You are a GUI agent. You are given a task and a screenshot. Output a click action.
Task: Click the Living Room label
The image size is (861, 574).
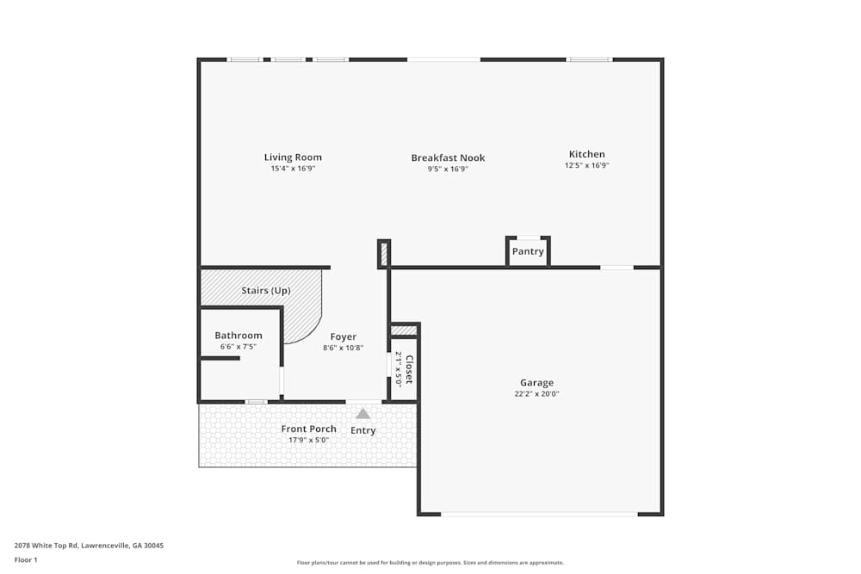(293, 157)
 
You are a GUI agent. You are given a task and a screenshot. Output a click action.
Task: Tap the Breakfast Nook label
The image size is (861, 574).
(448, 157)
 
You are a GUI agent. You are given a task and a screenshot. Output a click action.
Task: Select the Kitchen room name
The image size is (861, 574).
(586, 154)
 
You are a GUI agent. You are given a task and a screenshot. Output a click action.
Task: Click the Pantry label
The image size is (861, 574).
(528, 251)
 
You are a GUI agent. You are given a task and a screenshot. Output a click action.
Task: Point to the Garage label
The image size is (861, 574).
(536, 383)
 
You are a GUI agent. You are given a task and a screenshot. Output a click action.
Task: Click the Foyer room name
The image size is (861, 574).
(343, 336)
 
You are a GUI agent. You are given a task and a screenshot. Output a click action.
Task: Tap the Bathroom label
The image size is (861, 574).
(238, 336)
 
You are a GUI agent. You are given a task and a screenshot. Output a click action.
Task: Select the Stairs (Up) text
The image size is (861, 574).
(266, 291)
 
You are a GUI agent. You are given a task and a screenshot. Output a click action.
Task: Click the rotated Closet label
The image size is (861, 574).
(409, 369)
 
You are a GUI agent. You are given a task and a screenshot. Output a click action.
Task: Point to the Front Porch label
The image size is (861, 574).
(309, 429)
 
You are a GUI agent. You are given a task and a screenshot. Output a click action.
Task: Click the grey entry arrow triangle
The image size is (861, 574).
(363, 413)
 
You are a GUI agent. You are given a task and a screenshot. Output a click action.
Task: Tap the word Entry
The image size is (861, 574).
(363, 430)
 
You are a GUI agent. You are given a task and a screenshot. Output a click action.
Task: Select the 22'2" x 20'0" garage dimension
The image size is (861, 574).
(536, 394)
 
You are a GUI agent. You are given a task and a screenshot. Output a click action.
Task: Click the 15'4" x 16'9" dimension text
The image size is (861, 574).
(293, 169)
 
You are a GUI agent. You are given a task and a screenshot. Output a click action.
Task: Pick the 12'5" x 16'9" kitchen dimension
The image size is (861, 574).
(586, 165)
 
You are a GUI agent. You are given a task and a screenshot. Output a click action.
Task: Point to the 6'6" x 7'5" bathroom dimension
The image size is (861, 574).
(238, 347)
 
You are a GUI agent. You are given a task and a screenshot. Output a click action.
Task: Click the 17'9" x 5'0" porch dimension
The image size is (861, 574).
(309, 440)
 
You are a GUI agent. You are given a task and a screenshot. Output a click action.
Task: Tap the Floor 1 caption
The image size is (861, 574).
(26, 559)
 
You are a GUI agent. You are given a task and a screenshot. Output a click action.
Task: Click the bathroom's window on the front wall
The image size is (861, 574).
(256, 402)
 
